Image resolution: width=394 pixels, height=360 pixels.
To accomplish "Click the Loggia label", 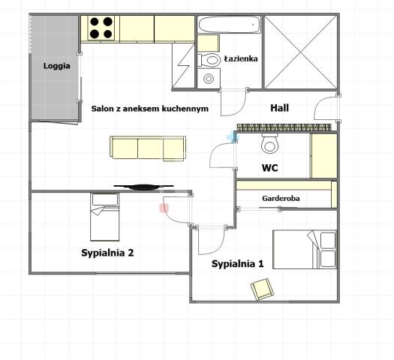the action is click(56, 66).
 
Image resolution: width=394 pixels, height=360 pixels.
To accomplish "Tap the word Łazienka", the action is click(241, 58).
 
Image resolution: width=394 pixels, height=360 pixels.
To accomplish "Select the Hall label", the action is click(279, 108).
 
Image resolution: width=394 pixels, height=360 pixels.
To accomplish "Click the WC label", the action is click(270, 168).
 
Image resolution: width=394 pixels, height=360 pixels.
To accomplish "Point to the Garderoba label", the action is click(281, 198).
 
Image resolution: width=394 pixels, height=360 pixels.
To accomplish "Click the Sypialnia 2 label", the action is click(107, 253).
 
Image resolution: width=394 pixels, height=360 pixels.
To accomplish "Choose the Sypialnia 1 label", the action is click(237, 263).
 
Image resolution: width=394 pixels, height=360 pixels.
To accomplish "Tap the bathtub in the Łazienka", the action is click(230, 25).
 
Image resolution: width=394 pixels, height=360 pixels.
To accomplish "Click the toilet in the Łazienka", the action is click(209, 60).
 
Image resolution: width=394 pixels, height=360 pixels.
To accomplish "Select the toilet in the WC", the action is click(269, 143).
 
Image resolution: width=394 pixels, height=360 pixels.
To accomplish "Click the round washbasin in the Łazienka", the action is click(209, 79).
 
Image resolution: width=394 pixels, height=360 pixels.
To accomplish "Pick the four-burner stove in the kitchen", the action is click(101, 28).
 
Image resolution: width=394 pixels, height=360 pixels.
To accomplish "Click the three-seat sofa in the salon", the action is click(148, 148).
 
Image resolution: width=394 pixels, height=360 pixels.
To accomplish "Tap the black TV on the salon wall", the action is click(143, 187).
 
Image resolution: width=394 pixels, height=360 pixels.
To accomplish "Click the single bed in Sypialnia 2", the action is click(105, 217).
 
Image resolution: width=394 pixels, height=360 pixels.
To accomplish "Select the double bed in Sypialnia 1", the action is click(305, 250).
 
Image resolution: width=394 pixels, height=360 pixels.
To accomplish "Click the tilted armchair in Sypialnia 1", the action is click(263, 289).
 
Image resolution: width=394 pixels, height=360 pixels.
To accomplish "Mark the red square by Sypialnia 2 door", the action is click(164, 208).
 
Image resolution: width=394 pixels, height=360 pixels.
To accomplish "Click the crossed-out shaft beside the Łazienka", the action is click(301, 52).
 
